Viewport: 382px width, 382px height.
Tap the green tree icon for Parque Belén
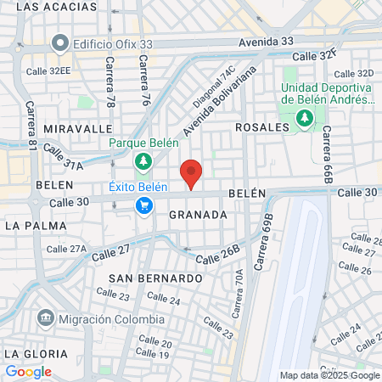pyautogui.click(x=143, y=161)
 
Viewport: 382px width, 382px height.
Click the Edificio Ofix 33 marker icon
pyautogui.click(x=59, y=42)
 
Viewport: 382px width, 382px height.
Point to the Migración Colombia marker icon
pyautogui.click(x=45, y=319)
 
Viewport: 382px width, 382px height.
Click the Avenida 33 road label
pyautogui.click(x=266, y=41)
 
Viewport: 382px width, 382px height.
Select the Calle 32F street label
pyautogui.click(x=314, y=55)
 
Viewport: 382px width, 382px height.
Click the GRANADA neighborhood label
pyautogui.click(x=198, y=215)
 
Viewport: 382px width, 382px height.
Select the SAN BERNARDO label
pyautogui.click(x=155, y=278)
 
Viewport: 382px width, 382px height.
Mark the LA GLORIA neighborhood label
pyautogui.click(x=35, y=352)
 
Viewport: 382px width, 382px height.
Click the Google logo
pyautogui.click(x=28, y=372)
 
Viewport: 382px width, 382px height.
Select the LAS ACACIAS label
pyautogui.click(x=52, y=7)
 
